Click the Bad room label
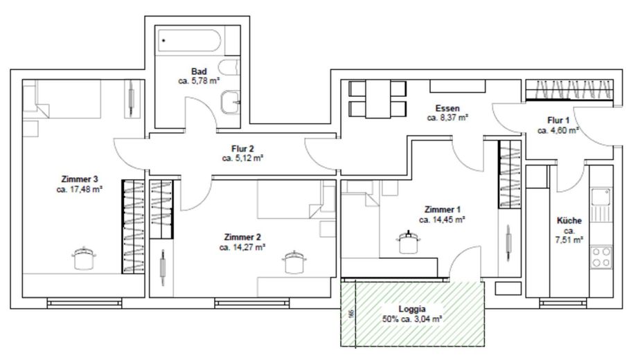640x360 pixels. (x=199, y=71)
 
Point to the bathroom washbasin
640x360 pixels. (x=229, y=103)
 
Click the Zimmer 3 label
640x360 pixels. (x=79, y=179)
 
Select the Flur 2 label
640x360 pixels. (x=243, y=148)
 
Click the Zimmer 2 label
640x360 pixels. (x=242, y=237)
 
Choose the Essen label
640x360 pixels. (x=447, y=109)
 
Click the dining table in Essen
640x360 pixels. (x=377, y=98)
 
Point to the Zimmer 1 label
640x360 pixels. (x=442, y=209)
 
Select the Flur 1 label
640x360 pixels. (x=558, y=120)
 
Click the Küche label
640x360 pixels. (x=569, y=221)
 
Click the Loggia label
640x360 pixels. (x=412, y=309)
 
